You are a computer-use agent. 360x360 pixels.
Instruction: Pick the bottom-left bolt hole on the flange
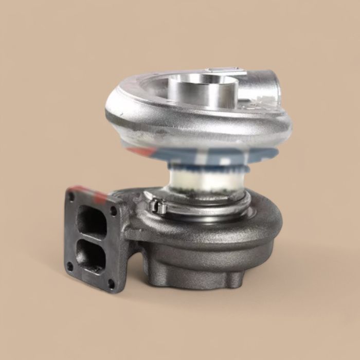pyautogui.click(x=70, y=266)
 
